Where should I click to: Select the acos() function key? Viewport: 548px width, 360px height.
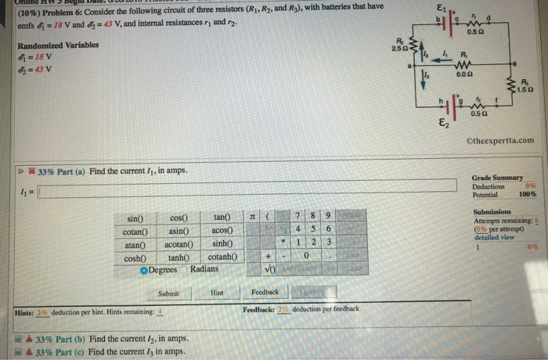[224, 229]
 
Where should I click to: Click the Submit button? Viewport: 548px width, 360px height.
[168, 293]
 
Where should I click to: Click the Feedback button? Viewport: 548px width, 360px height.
[265, 293]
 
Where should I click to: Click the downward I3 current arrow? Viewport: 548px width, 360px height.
[426, 77]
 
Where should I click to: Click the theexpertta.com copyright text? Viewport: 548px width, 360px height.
[503, 141]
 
